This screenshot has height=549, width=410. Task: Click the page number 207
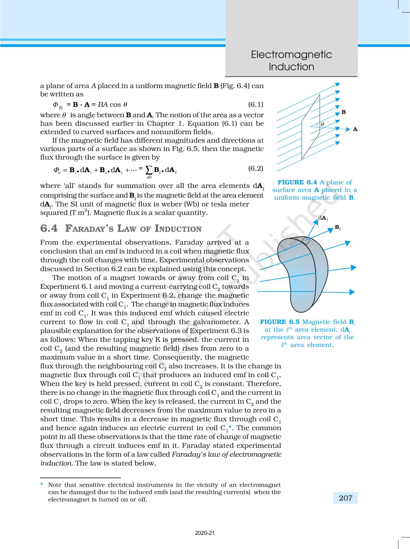coord(345,498)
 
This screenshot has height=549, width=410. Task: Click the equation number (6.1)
coord(256,104)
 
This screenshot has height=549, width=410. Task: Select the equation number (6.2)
coord(256,168)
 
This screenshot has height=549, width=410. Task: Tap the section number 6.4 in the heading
coord(49,228)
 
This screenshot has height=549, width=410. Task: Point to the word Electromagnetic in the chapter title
coord(291,54)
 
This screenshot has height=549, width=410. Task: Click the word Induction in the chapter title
coord(291,67)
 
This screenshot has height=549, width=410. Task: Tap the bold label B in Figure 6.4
coord(343,112)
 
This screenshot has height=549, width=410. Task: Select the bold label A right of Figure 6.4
coord(355,129)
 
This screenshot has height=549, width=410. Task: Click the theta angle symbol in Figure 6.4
coord(322,124)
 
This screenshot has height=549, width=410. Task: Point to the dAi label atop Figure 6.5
coord(323,218)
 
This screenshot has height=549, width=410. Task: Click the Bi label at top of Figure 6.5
coord(337,227)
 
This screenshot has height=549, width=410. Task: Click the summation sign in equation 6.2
coord(149,169)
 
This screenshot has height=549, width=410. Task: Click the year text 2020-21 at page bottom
coord(205,533)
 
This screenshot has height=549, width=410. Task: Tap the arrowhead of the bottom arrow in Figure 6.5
coord(352,292)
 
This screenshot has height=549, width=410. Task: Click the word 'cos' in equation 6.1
coord(115,104)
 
